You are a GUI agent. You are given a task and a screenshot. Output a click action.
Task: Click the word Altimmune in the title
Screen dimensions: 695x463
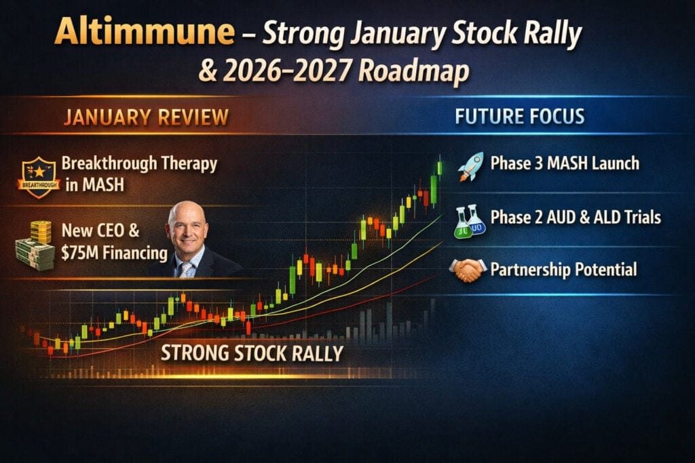[x=145, y=31]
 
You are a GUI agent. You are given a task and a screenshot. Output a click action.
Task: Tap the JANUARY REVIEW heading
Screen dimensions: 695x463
[x=146, y=118]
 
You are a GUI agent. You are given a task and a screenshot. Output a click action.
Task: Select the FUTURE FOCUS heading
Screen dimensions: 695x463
[x=519, y=117]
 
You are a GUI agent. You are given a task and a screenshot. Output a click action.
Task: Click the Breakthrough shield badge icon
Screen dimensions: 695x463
[x=39, y=177]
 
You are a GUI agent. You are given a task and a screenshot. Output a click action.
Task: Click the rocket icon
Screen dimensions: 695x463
[x=471, y=167]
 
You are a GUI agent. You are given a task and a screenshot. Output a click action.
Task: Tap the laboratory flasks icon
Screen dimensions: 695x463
[x=470, y=221]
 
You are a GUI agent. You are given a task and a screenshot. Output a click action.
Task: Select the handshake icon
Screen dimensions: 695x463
[x=468, y=270]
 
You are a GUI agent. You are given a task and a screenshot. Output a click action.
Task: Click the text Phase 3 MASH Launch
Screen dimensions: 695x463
[x=565, y=163]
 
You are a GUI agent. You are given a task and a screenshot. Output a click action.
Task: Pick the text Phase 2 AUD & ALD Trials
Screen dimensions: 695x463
[x=576, y=218]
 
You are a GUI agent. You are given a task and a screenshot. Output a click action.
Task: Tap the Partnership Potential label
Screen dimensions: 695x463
[x=563, y=270]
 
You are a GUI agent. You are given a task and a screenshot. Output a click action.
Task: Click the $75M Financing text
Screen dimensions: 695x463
[x=114, y=253]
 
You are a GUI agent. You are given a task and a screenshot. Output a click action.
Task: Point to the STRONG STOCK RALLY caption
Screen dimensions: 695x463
[x=252, y=353]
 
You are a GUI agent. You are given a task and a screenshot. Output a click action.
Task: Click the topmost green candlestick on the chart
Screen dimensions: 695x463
[x=440, y=167]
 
